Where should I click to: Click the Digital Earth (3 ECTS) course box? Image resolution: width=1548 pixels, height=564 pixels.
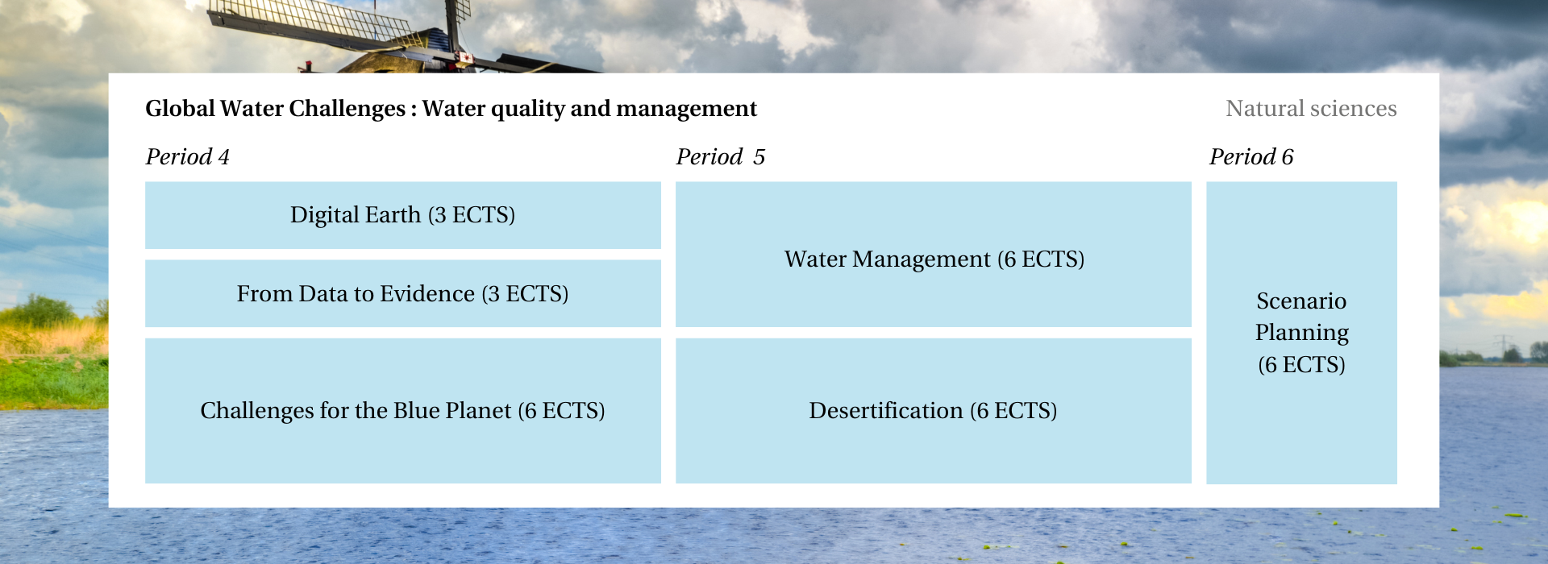[403, 215]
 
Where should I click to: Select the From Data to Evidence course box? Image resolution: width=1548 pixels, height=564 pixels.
[403, 293]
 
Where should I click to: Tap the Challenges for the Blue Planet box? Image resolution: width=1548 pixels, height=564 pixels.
[403, 411]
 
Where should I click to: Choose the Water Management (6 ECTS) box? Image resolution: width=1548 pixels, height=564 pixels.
[934, 255]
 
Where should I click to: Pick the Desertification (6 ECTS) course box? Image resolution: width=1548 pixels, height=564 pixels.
[934, 411]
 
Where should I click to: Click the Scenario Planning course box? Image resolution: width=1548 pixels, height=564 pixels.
[1301, 333]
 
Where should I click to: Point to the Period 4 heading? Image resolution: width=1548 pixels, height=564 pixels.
[187, 156]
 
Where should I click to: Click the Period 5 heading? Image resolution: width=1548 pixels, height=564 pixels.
[720, 156]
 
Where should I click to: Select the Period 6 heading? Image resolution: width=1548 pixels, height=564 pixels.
[1251, 156]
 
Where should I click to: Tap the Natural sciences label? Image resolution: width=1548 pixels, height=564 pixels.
[1311, 109]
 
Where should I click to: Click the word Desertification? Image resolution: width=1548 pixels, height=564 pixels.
[886, 411]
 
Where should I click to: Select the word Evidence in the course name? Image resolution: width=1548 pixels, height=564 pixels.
[427, 294]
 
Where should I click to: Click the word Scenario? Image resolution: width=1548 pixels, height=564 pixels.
[1301, 301]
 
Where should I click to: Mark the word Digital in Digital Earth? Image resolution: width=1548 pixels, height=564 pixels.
[323, 216]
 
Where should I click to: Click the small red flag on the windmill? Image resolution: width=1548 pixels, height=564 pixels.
[465, 57]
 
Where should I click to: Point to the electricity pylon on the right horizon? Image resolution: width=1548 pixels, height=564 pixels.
[1501, 347]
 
